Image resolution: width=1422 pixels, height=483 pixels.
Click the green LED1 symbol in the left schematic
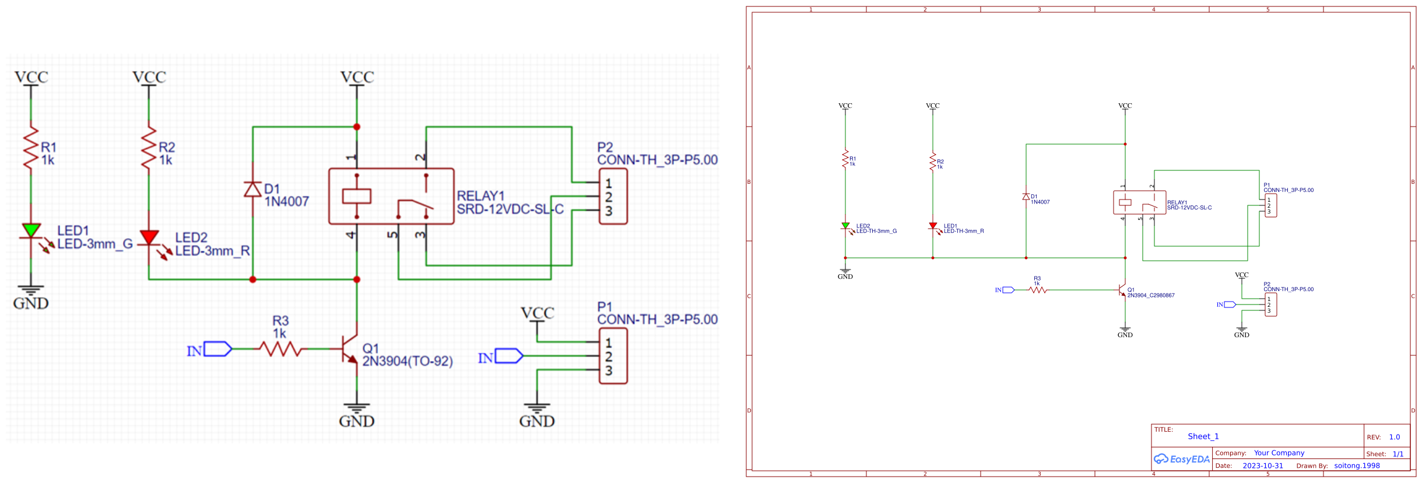[x=31, y=231]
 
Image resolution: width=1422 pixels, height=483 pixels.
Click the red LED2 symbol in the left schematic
[x=149, y=237]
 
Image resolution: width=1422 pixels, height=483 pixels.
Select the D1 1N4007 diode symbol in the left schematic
[x=252, y=189]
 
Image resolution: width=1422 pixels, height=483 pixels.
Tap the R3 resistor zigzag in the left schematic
[x=280, y=349]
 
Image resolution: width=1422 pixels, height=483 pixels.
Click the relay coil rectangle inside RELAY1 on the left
[x=356, y=196]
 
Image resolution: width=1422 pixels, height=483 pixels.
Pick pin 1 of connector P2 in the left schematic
[x=608, y=183]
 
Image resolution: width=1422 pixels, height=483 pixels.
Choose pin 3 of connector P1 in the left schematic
[x=608, y=370]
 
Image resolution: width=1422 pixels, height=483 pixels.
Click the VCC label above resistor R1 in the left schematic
[x=31, y=78]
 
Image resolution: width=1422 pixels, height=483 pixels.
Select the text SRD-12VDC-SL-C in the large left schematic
[x=510, y=209]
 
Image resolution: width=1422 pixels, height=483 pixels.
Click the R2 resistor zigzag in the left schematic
[x=149, y=148]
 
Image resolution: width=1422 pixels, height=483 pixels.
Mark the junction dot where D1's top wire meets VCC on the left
[x=357, y=127]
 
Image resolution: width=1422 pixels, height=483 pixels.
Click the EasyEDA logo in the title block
[x=1182, y=459]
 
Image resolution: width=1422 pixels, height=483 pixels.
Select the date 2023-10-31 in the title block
[x=1262, y=466]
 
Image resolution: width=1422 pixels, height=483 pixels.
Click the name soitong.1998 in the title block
[x=1357, y=466]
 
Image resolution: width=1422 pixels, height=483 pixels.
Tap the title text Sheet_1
[x=1203, y=436]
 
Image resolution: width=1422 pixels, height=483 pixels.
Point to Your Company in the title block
[x=1279, y=453]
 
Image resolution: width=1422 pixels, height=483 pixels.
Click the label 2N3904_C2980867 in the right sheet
[x=1150, y=296]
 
